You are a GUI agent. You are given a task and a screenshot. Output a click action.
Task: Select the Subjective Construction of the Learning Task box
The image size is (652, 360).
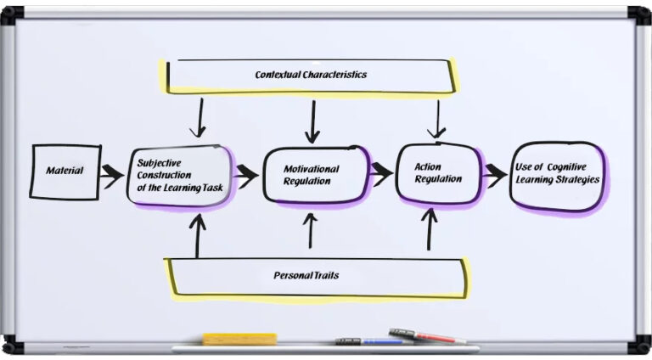pos(179,175)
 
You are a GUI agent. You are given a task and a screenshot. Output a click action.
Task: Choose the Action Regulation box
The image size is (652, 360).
pos(439,173)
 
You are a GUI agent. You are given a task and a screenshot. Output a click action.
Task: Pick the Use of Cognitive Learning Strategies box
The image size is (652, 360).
pos(557,174)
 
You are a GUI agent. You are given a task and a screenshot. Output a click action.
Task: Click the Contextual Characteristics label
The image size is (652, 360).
pos(311,75)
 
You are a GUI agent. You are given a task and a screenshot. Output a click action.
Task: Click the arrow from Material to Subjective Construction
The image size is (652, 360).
pos(112,176)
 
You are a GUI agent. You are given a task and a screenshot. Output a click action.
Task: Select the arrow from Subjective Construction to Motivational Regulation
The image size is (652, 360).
pos(246,176)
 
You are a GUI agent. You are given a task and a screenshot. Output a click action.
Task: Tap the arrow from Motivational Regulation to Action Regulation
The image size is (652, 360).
pos(381,173)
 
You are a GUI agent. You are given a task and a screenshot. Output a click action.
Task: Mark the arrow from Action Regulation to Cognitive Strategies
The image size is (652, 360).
pos(494,175)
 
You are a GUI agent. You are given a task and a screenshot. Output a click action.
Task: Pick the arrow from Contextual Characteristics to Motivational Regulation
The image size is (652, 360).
pos(313,121)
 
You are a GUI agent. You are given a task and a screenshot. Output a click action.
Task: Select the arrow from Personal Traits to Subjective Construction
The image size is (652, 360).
pos(199,235)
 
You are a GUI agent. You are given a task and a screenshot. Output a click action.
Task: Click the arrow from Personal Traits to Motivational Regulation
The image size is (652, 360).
pos(312,231)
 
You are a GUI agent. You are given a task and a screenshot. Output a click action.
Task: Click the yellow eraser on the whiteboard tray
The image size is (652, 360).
pos(239,339)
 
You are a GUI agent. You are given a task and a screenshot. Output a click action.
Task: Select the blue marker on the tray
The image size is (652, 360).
pos(382,341)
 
